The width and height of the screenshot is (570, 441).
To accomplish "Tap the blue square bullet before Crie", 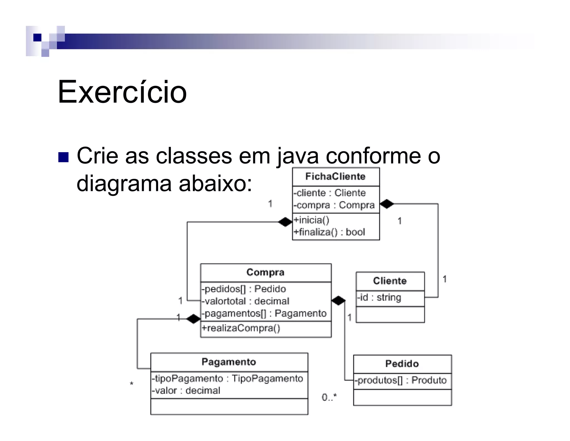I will coord(63,157).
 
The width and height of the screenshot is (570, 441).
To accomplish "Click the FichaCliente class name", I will coord(335,176).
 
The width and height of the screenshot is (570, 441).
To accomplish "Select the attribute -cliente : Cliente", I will coord(330,193).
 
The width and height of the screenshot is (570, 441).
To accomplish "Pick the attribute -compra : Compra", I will coord(334,205).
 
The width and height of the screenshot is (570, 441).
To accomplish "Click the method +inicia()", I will coord(311,220).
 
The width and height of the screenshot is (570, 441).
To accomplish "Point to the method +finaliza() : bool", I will coord(329,232).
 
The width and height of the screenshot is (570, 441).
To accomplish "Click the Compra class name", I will coord(266,272).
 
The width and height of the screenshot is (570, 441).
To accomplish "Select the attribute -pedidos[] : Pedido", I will coord(244,289).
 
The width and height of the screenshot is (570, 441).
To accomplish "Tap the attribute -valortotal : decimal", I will coord(245,301).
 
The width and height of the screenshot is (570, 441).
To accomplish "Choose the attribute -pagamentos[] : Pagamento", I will coord(264,313).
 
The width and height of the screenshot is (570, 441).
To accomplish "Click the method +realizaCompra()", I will coord(241,328).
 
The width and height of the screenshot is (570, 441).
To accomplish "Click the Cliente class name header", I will coord(390,281).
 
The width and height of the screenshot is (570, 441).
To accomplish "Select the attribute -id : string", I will coord(379,297).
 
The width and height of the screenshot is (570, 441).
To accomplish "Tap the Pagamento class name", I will coord(229,362).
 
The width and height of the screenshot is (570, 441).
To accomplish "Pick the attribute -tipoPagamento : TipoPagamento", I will coord(227,379).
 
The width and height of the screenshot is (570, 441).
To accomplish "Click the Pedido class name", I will coord(402,364).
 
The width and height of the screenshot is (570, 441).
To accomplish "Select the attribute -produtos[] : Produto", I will coord(401,380).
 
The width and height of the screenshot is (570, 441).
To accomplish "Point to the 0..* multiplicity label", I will coord(329,397).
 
